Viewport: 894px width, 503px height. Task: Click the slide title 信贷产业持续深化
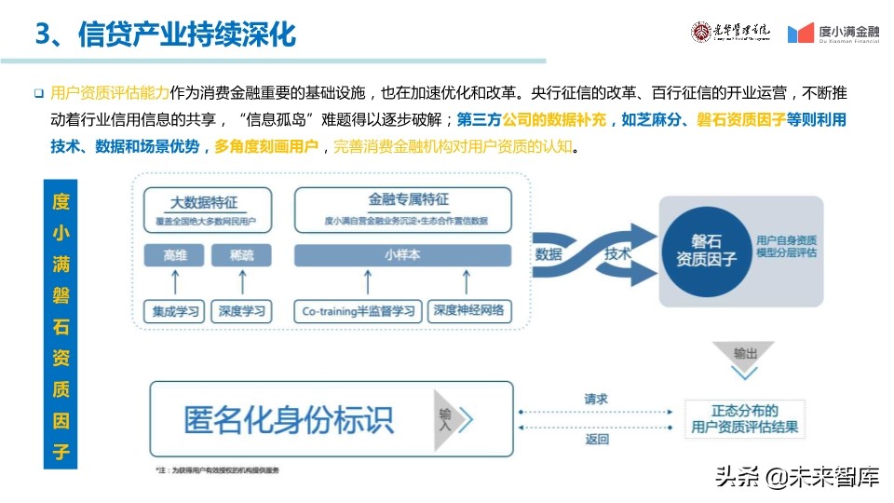tap(166, 34)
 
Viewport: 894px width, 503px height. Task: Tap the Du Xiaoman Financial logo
tap(833, 34)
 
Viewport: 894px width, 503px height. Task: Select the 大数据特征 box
tap(208, 209)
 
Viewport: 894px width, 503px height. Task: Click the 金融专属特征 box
tap(403, 209)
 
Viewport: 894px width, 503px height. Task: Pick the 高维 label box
tap(175, 255)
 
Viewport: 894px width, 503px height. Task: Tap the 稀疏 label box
tap(241, 255)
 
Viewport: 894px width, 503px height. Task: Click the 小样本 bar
tap(403, 255)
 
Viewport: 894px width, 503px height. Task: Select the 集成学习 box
tap(175, 311)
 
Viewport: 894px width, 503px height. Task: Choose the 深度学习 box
tap(241, 311)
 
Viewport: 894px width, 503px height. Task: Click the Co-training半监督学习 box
tap(359, 311)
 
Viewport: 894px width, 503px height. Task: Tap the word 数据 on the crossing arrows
tap(549, 253)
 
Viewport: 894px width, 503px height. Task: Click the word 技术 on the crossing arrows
tap(617, 253)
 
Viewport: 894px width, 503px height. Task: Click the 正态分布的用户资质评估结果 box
tap(744, 419)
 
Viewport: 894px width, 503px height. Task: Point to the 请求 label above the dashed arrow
tap(596, 399)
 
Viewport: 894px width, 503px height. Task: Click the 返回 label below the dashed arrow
tap(596, 439)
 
